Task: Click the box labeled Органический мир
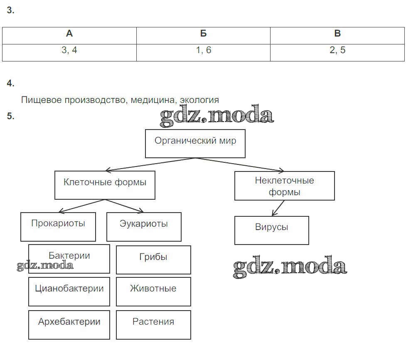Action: [195, 143]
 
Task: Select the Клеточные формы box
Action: [105, 185]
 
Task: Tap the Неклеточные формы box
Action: [284, 186]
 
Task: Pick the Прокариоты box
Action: [58, 227]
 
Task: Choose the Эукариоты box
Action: [144, 227]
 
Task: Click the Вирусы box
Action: [271, 230]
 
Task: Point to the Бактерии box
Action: [69, 259]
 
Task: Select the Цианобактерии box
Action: [69, 291]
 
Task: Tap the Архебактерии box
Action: [69, 325]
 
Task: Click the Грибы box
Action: [153, 260]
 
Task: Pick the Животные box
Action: [153, 291]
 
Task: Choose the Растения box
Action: [153, 325]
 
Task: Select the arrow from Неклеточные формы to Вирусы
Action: [278, 208]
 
